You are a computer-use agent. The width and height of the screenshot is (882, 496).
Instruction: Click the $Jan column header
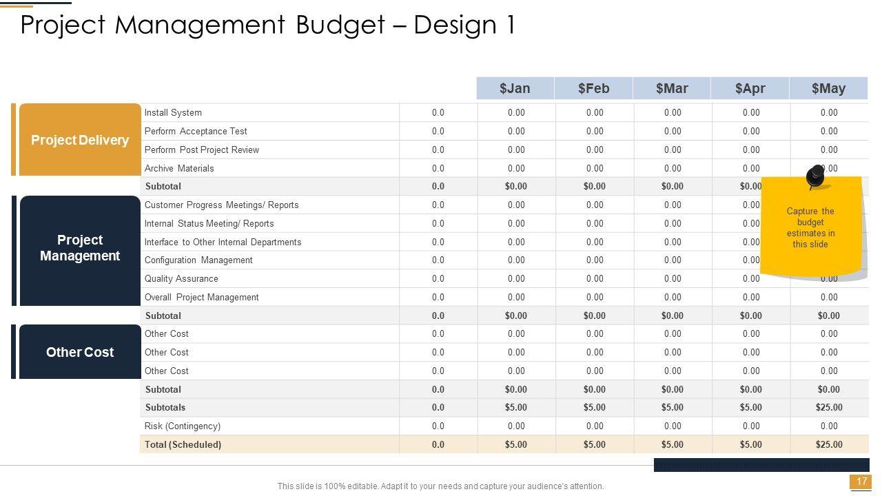coord(515,88)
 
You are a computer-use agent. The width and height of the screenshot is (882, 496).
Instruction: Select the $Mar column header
coord(672,88)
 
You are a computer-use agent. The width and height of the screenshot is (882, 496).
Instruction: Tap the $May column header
coord(828,88)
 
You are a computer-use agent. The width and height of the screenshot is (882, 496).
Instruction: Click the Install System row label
coord(173,113)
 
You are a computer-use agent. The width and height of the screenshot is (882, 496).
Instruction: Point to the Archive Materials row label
coord(179,169)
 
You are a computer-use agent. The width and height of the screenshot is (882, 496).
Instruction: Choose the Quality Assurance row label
coord(181,279)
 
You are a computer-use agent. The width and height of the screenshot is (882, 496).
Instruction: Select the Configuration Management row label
coord(198,260)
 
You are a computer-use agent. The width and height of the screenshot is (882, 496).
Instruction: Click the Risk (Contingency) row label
coord(183,426)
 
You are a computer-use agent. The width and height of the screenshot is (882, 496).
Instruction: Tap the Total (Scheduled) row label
coord(183,445)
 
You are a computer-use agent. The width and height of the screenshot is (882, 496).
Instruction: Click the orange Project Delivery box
coord(80,140)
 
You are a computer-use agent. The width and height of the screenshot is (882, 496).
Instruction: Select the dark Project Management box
coord(80,248)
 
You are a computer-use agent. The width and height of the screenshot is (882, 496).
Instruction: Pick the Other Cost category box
coord(80,352)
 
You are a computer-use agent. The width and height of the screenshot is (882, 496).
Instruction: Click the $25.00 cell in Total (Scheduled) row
coord(829,445)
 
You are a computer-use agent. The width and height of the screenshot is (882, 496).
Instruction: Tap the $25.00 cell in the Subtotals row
coord(829,408)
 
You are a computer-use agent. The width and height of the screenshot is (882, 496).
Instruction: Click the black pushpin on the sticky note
coord(814,176)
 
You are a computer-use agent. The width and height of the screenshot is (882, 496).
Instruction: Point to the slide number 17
coord(861,482)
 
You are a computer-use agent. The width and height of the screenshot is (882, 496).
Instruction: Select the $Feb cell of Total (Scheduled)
coord(594,445)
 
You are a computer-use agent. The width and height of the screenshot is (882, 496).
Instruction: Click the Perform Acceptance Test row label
coord(196,132)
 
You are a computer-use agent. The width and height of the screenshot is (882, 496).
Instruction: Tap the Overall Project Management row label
coord(202,298)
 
